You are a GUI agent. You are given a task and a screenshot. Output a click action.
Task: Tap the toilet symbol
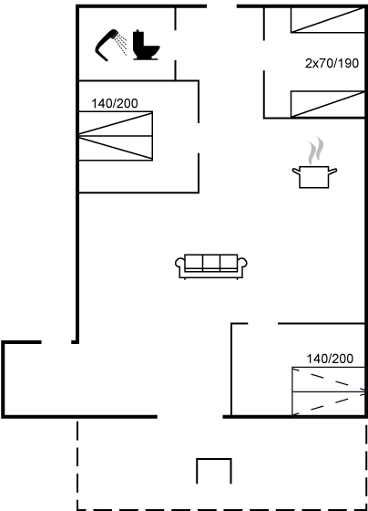(146, 45)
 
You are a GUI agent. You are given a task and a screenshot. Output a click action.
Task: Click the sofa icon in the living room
(210, 266)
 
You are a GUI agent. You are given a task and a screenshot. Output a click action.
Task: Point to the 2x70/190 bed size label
(332, 63)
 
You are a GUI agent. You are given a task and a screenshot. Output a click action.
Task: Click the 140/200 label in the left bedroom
(115, 104)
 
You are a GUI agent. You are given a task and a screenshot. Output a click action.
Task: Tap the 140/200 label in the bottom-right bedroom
(330, 359)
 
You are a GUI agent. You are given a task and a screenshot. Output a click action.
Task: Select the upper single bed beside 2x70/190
(328, 20)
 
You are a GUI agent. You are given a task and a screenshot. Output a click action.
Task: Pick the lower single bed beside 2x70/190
(328, 104)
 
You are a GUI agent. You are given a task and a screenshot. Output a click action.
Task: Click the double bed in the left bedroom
(116, 136)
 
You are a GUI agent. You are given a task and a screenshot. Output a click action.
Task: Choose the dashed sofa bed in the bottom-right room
(328, 391)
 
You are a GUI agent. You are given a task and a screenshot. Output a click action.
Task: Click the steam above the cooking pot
(316, 151)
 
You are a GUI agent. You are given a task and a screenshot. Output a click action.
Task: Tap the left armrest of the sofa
(180, 263)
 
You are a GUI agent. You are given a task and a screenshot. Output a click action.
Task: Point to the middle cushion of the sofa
(211, 263)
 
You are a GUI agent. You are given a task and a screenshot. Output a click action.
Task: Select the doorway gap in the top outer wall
(221, 6)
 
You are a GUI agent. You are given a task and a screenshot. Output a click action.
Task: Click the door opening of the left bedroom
(199, 138)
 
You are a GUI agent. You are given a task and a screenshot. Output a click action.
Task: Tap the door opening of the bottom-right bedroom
(263, 324)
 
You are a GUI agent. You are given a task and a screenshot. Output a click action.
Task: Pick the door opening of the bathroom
(176, 45)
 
